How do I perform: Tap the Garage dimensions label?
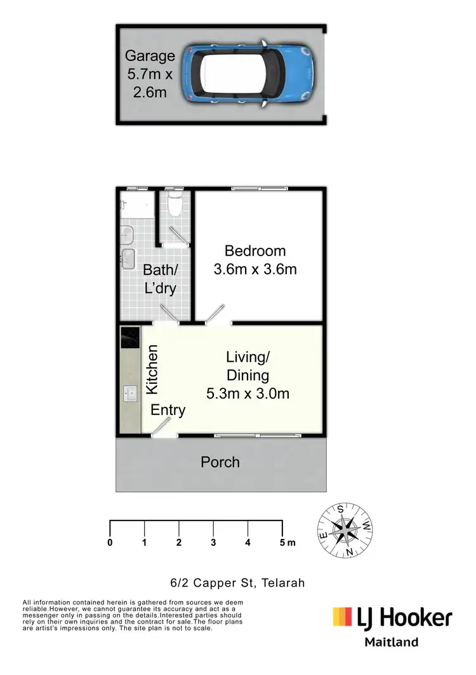click(x=149, y=74)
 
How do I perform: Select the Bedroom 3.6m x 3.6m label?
click(x=255, y=260)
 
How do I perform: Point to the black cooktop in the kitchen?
click(x=130, y=337)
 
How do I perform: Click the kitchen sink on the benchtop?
click(x=130, y=394)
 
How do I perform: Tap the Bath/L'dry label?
click(x=159, y=278)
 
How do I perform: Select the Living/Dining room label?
click(x=248, y=375)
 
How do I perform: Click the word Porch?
click(x=220, y=461)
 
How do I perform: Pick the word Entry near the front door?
click(x=168, y=410)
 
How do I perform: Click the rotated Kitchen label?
click(x=152, y=369)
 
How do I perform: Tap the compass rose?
click(x=346, y=529)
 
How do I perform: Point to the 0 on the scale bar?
click(x=110, y=543)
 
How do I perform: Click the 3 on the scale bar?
click(x=213, y=543)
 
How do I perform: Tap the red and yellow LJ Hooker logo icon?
click(x=342, y=617)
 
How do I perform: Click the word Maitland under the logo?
click(x=391, y=642)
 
